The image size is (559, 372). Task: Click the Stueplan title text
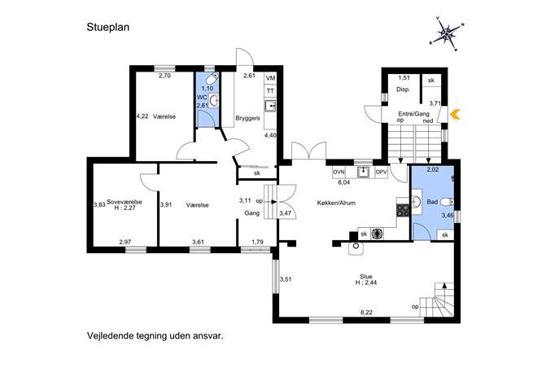[107, 28]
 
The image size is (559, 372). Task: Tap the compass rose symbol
[448, 34]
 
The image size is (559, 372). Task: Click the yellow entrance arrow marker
[456, 114]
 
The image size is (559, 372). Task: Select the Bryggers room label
[248, 118]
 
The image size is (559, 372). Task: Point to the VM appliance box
[270, 78]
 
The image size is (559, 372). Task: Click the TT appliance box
[270, 91]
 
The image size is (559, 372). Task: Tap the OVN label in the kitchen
[338, 173]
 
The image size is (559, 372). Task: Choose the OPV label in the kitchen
[381, 173]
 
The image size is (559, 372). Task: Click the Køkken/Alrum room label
[336, 203]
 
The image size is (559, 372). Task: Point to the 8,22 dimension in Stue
[366, 313]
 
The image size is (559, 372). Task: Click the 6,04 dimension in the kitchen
[343, 182]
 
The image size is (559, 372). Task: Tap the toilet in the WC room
[213, 78]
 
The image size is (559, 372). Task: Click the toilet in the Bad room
[447, 202]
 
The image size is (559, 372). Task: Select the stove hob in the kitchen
[403, 210]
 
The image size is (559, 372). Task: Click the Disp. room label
[404, 90]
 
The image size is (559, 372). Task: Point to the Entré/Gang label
[413, 114]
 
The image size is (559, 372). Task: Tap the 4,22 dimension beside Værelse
[142, 116]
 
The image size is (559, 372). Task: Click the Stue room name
[366, 277]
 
